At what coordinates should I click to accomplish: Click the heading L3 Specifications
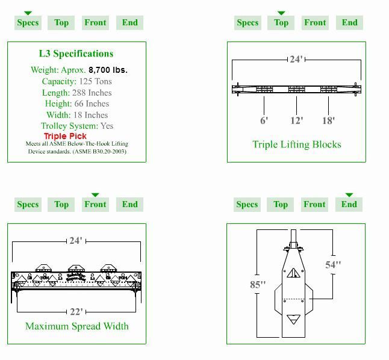[76, 54]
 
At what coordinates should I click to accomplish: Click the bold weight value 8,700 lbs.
[108, 70]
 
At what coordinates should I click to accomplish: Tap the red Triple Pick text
[65, 136]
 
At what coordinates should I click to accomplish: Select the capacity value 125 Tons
[95, 81]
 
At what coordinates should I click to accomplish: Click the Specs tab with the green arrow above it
[28, 23]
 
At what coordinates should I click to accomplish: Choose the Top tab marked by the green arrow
[281, 23]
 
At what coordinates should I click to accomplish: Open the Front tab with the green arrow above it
[95, 205]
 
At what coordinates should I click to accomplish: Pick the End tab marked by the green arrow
[349, 205]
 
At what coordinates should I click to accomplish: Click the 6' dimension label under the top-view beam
[264, 120]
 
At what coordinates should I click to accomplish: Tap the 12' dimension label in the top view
[296, 120]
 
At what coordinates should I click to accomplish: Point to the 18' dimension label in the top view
[328, 120]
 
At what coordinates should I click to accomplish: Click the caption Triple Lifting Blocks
[297, 144]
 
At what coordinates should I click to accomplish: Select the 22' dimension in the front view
[76, 312]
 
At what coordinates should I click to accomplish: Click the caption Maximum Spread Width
[76, 326]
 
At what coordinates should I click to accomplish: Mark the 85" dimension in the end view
[258, 284]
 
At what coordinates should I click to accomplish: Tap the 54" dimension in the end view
[333, 264]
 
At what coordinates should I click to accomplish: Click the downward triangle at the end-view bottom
[293, 320]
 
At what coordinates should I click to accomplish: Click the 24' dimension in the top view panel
[296, 59]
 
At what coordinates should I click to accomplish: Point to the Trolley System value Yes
[107, 126]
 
